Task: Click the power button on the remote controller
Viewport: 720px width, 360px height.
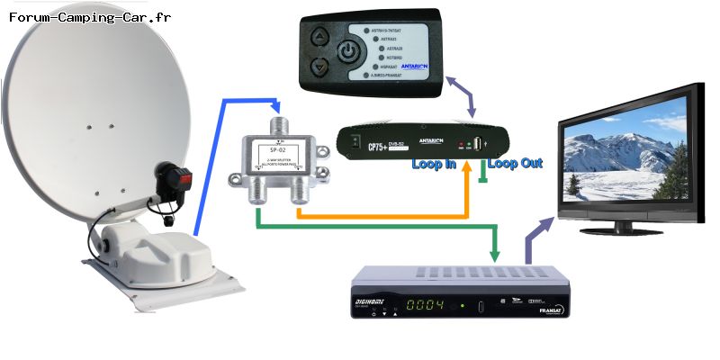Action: [348, 51]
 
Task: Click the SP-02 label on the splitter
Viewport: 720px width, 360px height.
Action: [279, 148]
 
